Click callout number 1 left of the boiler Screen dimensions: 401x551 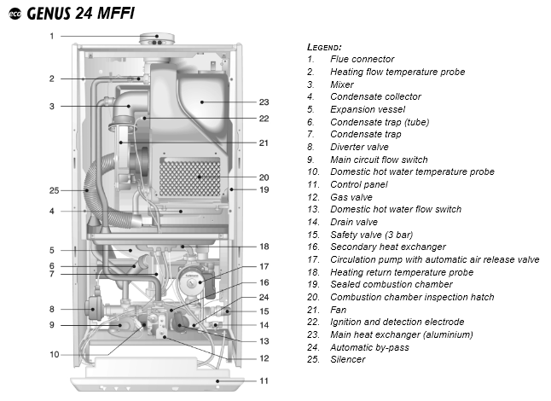51,37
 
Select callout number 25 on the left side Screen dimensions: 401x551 54,189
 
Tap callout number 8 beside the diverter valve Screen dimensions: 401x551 51,309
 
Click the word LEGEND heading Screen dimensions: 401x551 324,46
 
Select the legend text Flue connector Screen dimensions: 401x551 362,59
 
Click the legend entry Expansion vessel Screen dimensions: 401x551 368,109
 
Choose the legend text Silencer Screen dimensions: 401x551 347,359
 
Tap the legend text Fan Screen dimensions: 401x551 339,309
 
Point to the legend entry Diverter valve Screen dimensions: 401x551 359,147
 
